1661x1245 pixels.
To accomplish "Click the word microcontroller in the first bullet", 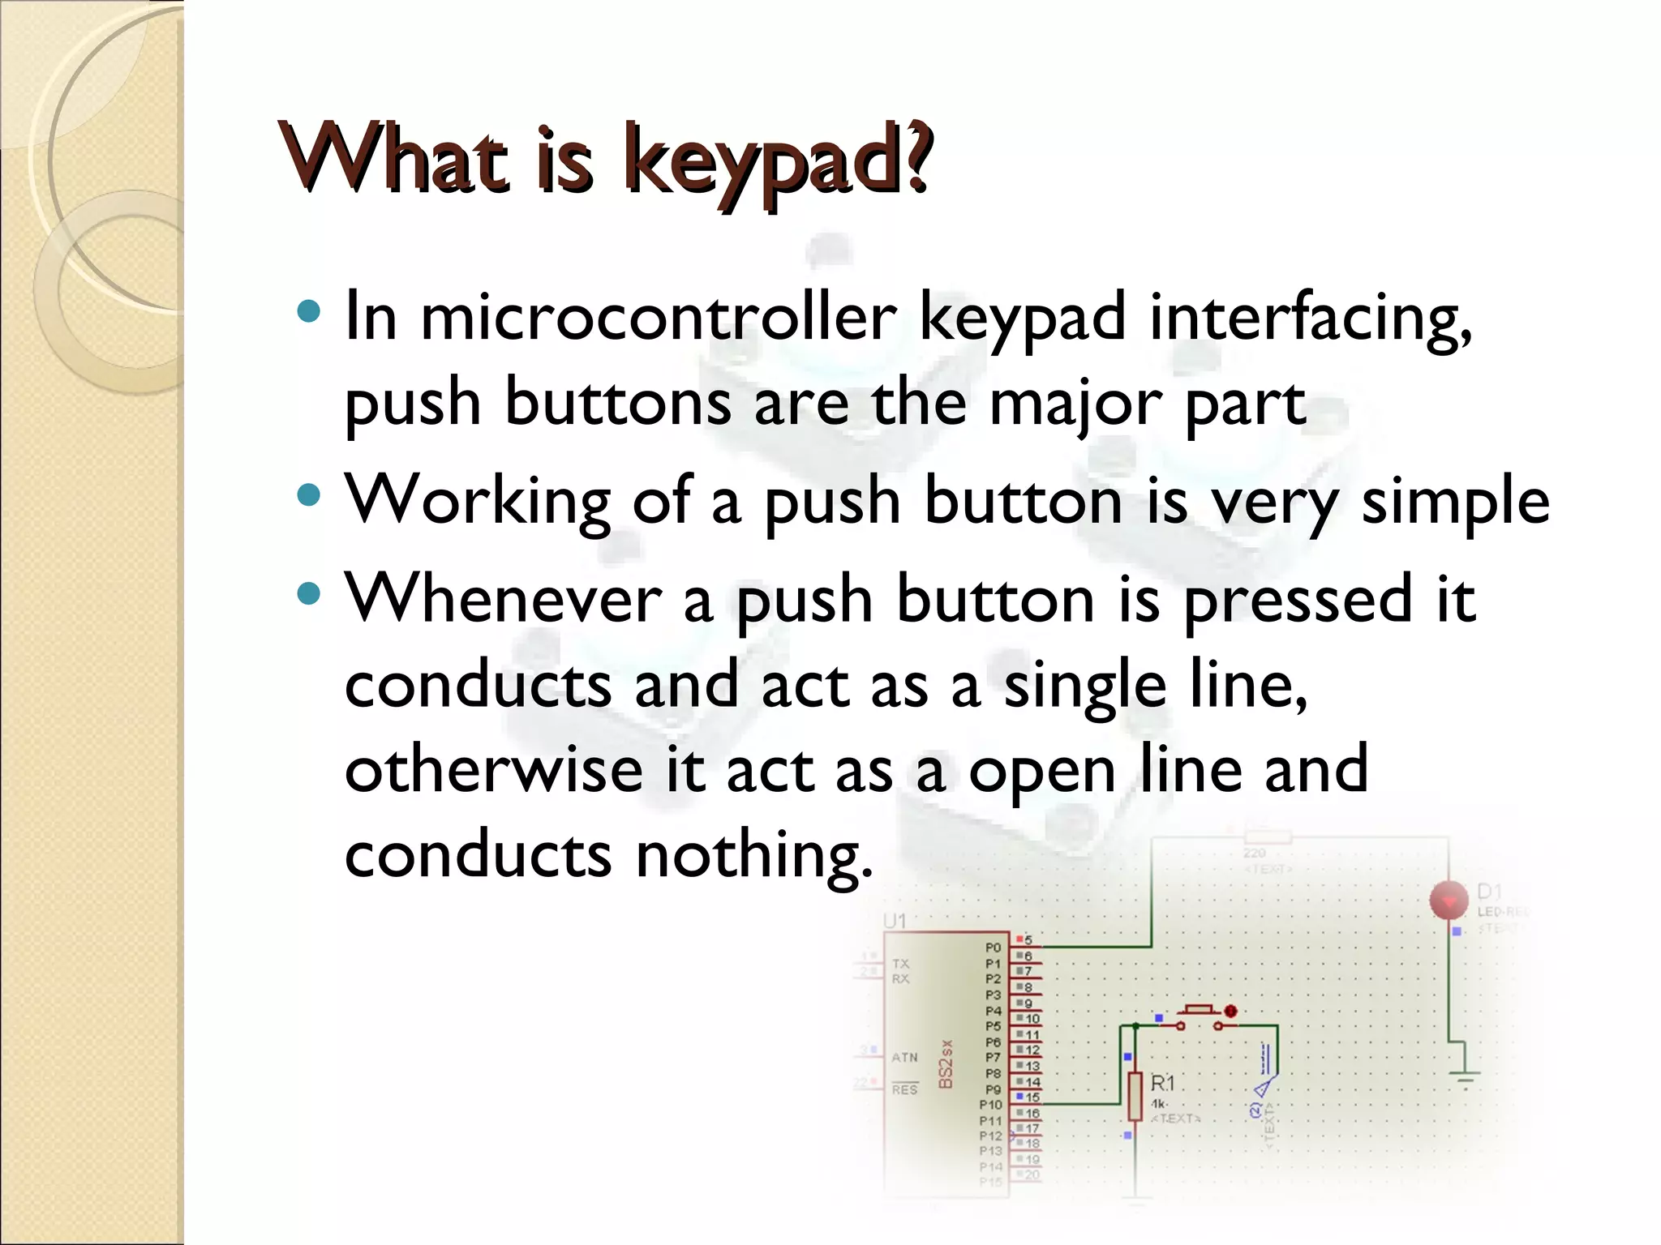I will tap(658, 317).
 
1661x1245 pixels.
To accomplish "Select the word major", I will tap(1075, 403).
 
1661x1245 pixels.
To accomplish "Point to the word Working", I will tap(478, 502).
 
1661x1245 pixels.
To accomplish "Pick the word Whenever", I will tap(504, 600).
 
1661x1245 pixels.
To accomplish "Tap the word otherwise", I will tap(494, 770).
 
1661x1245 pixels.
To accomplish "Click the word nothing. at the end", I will tap(754, 855).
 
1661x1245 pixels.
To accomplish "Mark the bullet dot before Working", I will tap(309, 494).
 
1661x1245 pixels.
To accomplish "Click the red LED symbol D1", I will tap(1449, 901).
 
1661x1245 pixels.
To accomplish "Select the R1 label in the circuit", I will tap(1162, 1083).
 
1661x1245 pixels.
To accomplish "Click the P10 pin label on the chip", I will tap(990, 1105).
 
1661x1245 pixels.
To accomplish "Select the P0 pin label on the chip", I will tap(993, 948).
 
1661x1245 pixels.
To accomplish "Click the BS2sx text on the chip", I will tap(945, 1064).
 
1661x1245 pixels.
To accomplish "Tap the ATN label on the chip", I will tap(904, 1057).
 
